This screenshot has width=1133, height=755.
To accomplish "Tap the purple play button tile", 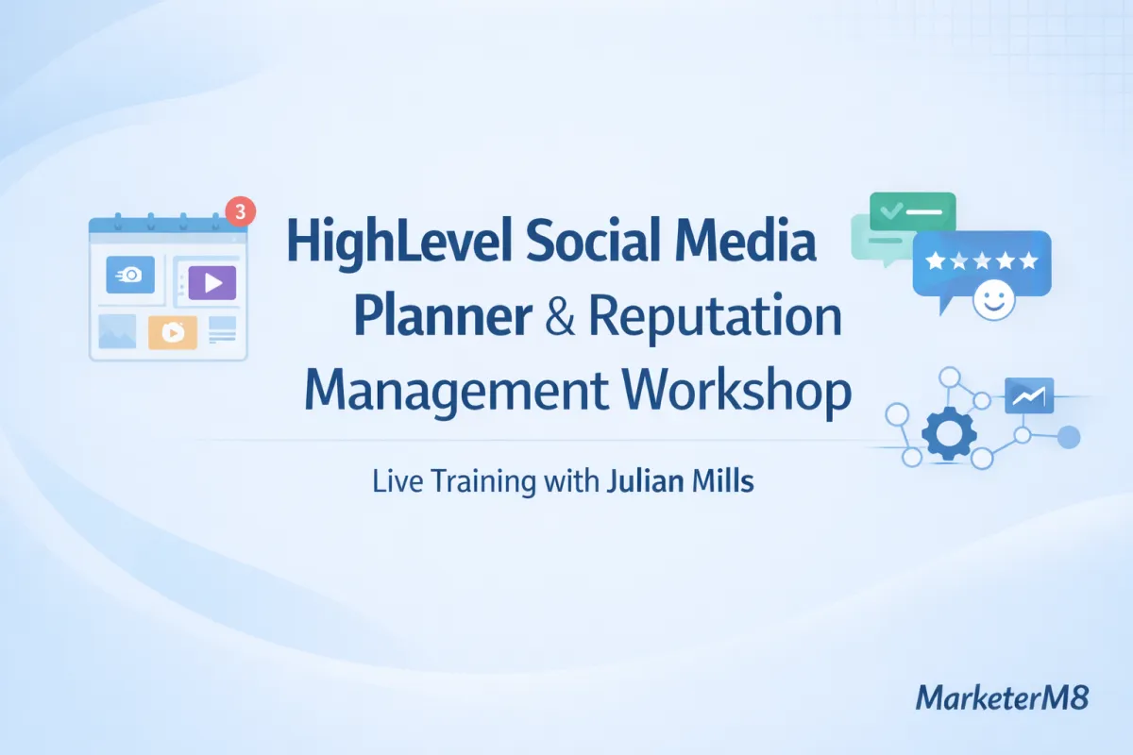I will point(211,281).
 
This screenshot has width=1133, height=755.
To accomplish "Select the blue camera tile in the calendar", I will point(130,275).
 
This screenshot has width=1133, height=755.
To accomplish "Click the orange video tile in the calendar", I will point(173,332).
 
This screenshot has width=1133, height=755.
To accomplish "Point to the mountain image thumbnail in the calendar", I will point(117,332).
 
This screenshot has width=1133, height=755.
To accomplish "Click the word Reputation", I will point(715,317).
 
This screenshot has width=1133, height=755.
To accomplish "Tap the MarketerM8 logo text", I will point(1003,698).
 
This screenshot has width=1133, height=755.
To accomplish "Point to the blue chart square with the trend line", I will point(1028,396).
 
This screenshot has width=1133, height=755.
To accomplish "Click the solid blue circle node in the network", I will point(1069,436).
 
